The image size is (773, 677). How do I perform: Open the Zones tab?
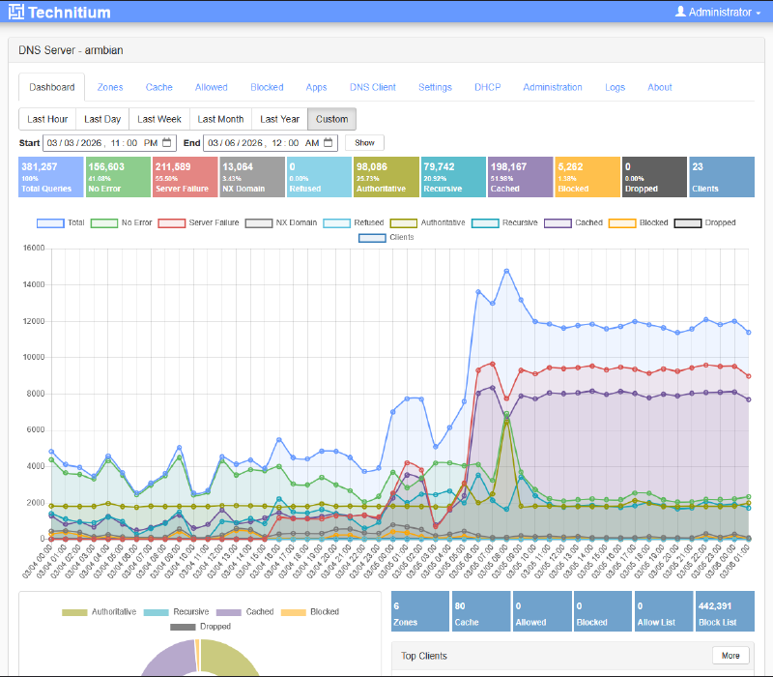pos(109,87)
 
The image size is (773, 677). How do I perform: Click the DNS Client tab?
pos(372,87)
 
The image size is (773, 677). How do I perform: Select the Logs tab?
pos(616,87)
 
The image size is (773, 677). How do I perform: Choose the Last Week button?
pos(158,119)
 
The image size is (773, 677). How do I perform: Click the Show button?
pos(364,142)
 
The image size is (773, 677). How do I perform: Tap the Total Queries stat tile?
pos(50,177)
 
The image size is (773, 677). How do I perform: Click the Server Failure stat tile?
pos(185,177)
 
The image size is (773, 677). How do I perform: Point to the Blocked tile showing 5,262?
pos(587,177)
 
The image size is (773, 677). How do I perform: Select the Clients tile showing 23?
pos(721,177)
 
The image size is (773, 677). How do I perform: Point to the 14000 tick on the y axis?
pos(33,284)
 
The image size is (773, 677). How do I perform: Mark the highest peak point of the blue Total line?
pos(506,271)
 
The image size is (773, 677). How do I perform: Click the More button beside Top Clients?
pos(730,656)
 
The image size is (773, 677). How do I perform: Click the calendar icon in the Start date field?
pos(166,142)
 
